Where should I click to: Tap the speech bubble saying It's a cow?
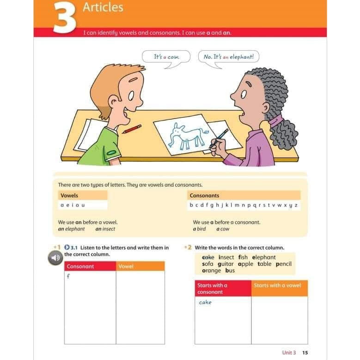click(165, 57)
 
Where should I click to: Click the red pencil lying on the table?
click(132, 128)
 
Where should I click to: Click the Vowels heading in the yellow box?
click(69, 195)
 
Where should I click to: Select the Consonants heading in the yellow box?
click(204, 195)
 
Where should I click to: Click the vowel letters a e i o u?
click(73, 205)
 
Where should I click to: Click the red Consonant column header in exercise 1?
click(80, 266)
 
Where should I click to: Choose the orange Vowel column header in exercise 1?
click(126, 266)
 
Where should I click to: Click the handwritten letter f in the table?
click(68, 276)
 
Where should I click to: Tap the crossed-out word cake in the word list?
click(208, 257)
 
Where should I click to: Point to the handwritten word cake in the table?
click(205, 302)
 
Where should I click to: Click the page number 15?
click(305, 353)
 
